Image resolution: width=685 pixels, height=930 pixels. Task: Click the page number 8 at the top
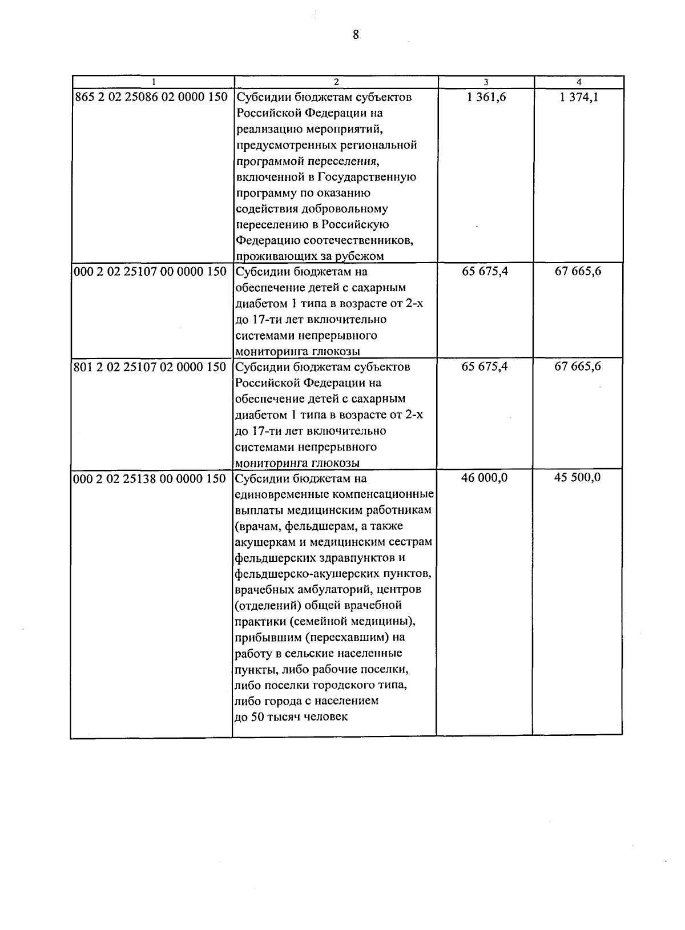tap(356, 35)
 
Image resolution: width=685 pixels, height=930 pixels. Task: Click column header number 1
tap(153, 82)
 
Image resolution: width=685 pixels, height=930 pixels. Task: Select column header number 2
tap(336, 82)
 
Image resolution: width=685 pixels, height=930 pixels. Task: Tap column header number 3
tap(486, 82)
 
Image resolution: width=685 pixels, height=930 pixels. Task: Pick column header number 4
tap(579, 82)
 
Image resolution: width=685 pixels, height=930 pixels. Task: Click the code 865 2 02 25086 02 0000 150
tap(151, 97)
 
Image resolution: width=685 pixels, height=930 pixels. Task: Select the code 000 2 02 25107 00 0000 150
tap(151, 272)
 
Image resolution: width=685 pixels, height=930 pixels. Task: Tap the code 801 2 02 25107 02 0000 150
tap(151, 367)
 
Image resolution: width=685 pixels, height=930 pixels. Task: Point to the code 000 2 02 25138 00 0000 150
tap(151, 479)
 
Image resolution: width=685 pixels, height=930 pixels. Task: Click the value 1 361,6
tap(486, 97)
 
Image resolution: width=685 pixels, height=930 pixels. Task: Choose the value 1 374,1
tap(579, 97)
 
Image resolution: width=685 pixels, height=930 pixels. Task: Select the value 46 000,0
tap(485, 478)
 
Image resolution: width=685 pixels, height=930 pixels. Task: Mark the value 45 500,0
tap(578, 478)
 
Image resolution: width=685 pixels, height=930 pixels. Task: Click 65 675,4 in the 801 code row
tap(485, 367)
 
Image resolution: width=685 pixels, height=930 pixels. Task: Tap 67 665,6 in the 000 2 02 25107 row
tap(578, 271)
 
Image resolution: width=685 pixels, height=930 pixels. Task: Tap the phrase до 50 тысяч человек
tap(291, 717)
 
